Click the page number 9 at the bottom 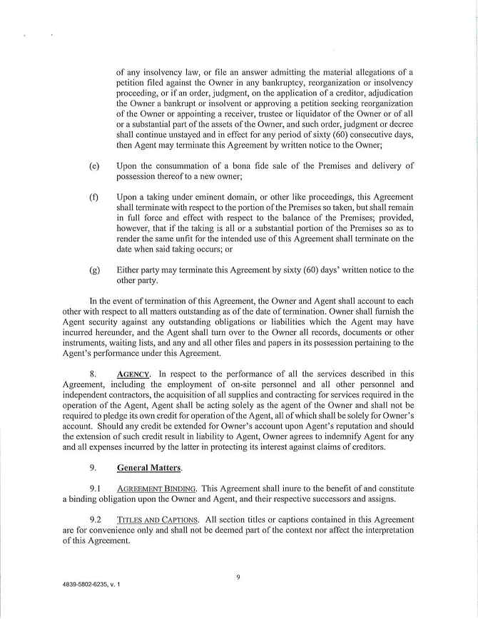point(238,578)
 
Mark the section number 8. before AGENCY point(93,374)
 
